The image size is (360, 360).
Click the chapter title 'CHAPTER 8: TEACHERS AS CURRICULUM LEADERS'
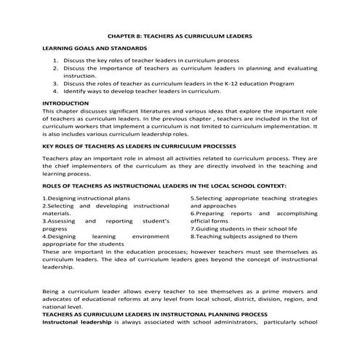coord(180,34)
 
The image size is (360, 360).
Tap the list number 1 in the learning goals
coord(56,60)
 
